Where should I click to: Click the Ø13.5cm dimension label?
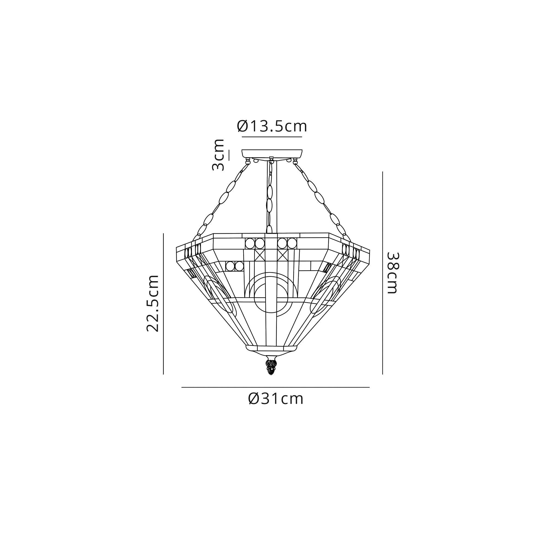[x=272, y=126]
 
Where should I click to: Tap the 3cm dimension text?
[x=218, y=155]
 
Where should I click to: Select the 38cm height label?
[x=392, y=273]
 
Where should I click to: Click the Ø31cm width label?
[x=275, y=399]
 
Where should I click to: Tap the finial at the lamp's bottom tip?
[x=271, y=367]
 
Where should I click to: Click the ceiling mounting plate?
[x=272, y=154]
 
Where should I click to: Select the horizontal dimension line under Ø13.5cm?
[x=272, y=137]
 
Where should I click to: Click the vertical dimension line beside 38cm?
[x=382, y=273]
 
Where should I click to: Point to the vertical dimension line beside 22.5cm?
[x=163, y=304]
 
